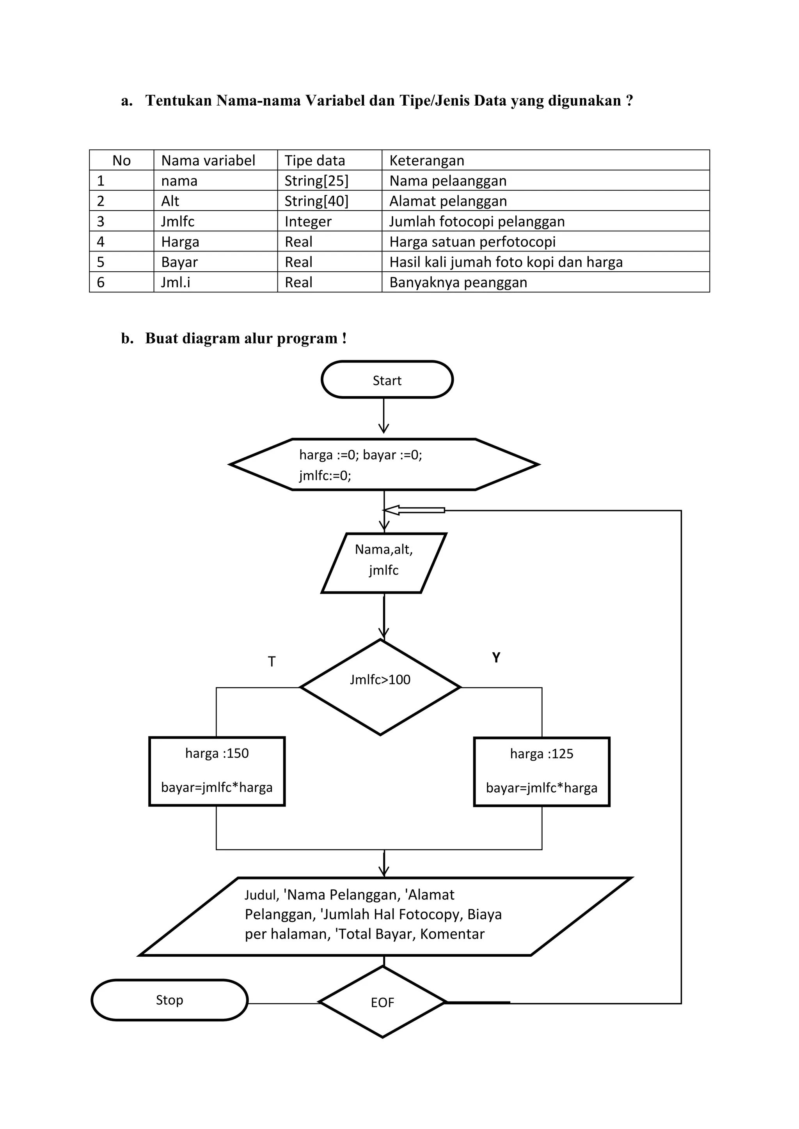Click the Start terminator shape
[387, 380]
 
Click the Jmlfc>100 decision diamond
[380, 687]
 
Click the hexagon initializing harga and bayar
[384, 464]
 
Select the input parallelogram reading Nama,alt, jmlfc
[384, 563]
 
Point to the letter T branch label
[272, 661]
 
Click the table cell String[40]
[316, 201]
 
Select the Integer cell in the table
[308, 221]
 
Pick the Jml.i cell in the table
[176, 282]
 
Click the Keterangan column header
[426, 160]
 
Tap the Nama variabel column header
[208, 160]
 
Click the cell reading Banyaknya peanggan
[458, 282]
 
